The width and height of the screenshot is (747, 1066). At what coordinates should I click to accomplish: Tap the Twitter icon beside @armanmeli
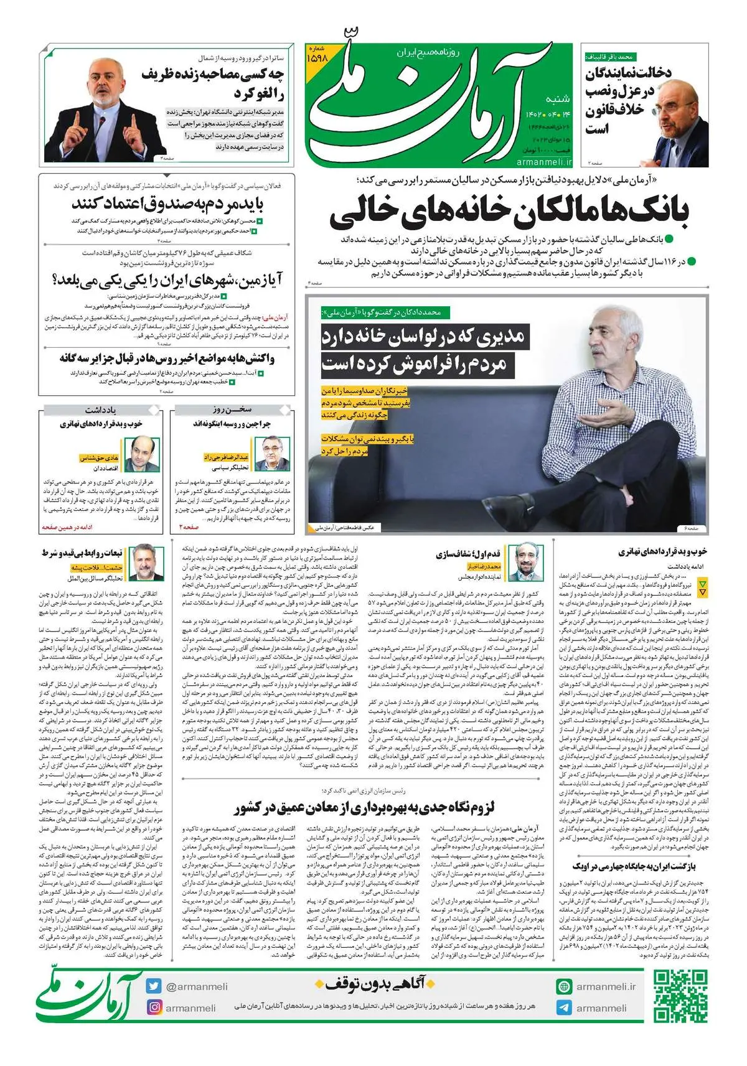tap(154, 986)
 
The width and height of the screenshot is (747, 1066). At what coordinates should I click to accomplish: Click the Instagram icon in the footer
tap(154, 1008)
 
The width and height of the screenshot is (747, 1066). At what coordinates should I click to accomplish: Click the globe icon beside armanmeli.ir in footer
tap(564, 986)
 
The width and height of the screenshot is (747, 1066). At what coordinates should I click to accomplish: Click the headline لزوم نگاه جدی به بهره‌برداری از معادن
tap(364, 808)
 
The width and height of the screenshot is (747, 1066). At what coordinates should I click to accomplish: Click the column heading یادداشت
tap(100, 409)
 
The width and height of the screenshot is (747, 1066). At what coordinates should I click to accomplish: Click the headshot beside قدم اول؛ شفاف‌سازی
tap(524, 561)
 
